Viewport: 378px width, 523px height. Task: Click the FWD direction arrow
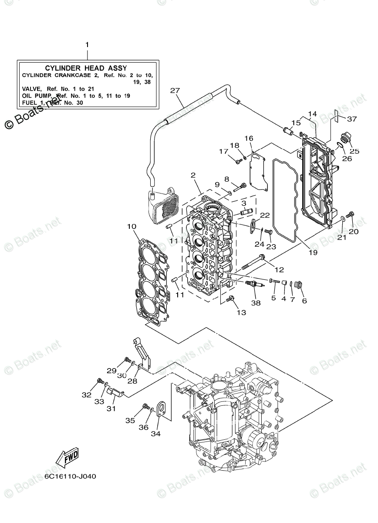click(67, 458)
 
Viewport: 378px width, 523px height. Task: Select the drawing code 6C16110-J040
click(70, 476)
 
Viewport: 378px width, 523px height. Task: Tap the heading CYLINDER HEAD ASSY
click(86, 68)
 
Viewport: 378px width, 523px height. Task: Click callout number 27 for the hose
click(175, 91)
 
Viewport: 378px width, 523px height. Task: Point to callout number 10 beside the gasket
click(132, 227)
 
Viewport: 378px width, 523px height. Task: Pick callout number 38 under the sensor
click(256, 303)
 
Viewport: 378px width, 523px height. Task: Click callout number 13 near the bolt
click(241, 312)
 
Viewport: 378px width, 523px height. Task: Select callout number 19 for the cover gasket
click(313, 252)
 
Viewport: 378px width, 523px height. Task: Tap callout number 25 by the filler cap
click(354, 151)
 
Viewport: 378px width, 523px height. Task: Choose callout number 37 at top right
click(352, 119)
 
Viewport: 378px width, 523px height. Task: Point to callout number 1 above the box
click(87, 45)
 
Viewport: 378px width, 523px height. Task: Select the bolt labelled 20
click(352, 214)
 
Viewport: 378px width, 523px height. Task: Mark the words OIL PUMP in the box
click(37, 95)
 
